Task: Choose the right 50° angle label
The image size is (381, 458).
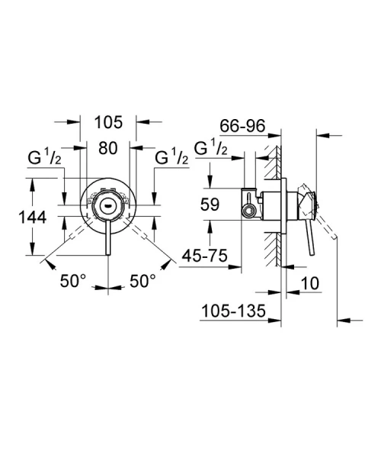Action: click(142, 281)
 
